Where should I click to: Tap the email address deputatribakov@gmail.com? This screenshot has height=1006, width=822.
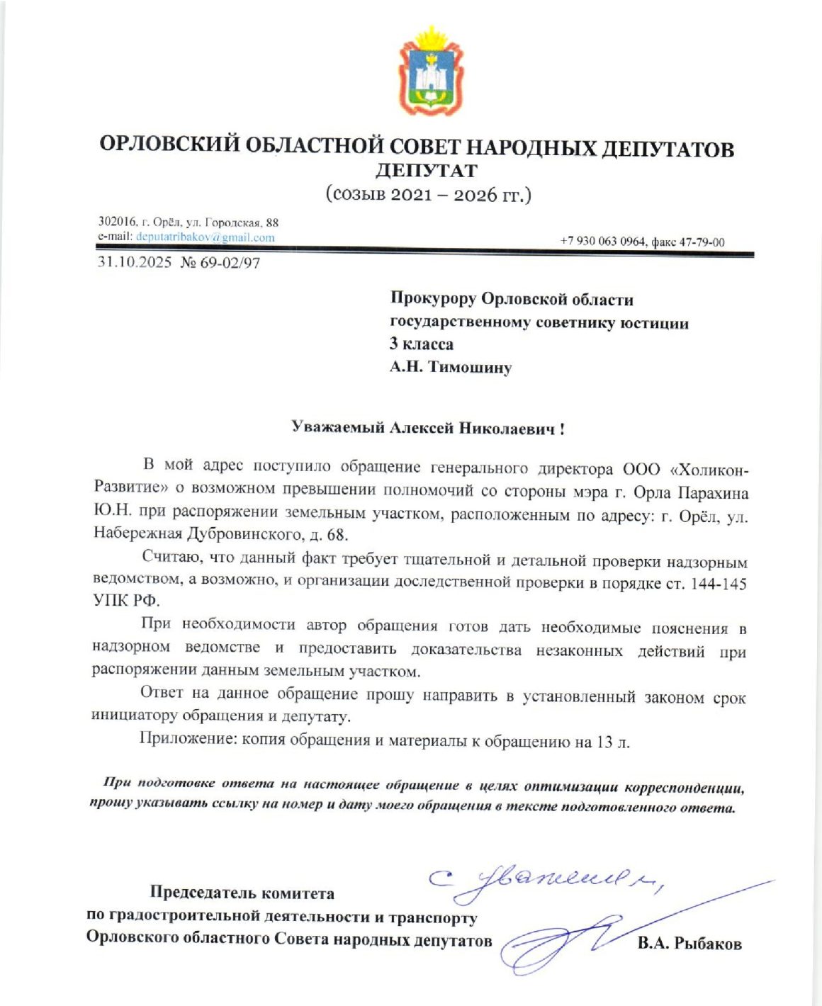(x=205, y=237)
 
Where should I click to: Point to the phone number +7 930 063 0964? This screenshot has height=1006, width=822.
(x=602, y=242)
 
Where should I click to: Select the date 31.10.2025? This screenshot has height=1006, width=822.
(x=135, y=263)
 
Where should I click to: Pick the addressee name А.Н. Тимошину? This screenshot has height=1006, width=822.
(x=450, y=367)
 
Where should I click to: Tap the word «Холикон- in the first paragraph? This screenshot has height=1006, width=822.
(x=709, y=470)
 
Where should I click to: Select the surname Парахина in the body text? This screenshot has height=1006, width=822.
(x=713, y=492)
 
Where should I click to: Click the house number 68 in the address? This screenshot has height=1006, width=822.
(x=336, y=535)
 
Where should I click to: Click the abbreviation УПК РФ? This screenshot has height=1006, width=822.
(x=126, y=601)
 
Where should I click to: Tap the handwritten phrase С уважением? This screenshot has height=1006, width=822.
(x=546, y=881)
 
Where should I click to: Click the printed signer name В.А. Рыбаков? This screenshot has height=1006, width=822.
(x=689, y=943)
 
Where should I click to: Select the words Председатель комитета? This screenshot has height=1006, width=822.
(x=242, y=893)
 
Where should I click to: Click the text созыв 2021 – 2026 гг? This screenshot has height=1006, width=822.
(x=428, y=195)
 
